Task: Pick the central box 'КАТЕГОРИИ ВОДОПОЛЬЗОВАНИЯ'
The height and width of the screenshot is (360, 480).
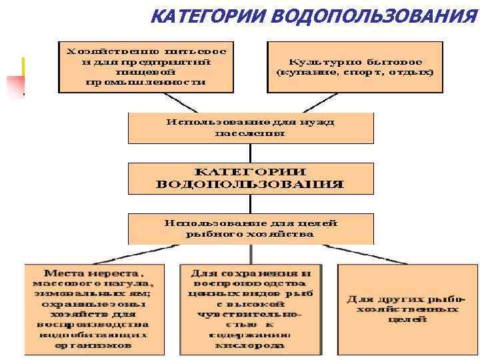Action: tap(251, 178)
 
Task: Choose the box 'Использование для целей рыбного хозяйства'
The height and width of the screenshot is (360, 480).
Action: tap(251, 228)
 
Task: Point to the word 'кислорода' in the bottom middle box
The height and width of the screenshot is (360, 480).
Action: tap(251, 346)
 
